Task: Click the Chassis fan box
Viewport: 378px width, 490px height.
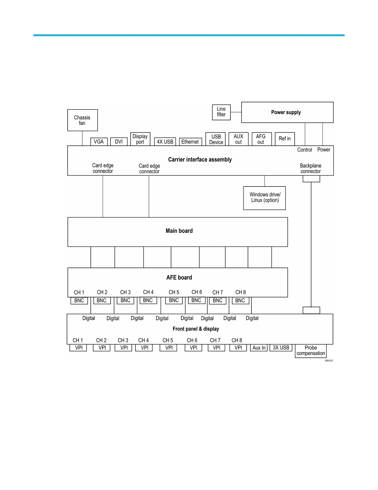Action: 82,120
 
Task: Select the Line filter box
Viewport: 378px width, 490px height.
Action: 221,112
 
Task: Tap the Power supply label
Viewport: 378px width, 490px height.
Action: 286,112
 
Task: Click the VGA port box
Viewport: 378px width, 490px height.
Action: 99,142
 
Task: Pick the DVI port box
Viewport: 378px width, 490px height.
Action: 119,142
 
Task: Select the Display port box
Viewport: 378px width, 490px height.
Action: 140,139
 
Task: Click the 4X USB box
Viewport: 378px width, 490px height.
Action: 165,142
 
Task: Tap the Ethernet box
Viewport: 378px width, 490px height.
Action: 190,142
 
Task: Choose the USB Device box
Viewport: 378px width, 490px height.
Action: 216,139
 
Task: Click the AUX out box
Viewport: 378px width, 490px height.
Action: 238,139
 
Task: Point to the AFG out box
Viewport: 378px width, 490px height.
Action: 261,139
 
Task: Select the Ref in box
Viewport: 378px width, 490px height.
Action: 285,139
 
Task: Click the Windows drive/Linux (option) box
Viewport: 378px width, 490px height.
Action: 265,198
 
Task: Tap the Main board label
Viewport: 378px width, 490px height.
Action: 179,231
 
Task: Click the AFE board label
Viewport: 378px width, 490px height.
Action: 179,277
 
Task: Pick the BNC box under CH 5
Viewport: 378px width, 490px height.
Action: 174,300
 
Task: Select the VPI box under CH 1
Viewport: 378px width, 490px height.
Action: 78,348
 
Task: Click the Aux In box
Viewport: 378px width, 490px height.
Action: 259,348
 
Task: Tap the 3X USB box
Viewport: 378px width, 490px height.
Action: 281,348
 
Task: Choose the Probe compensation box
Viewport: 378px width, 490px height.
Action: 311,351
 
